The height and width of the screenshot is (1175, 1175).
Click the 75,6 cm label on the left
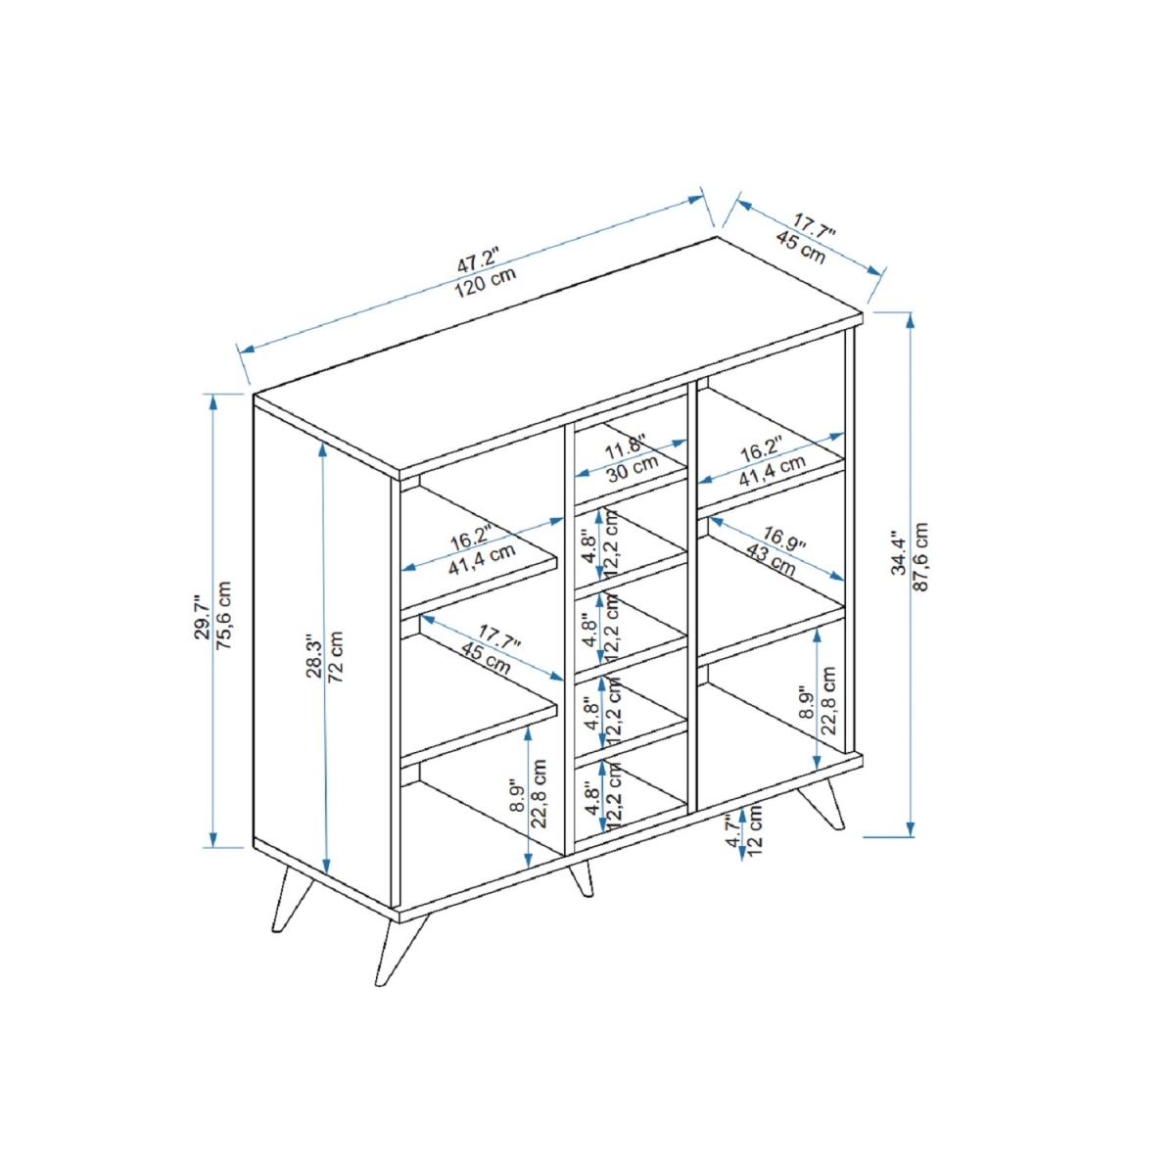pyautogui.click(x=224, y=615)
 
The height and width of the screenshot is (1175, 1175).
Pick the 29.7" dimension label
pyautogui.click(x=203, y=617)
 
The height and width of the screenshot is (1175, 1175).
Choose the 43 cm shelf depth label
pyautogui.click(x=771, y=563)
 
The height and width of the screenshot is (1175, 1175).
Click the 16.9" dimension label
pyautogui.click(x=785, y=540)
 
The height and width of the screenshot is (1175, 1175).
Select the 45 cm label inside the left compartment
pyautogui.click(x=485, y=658)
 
